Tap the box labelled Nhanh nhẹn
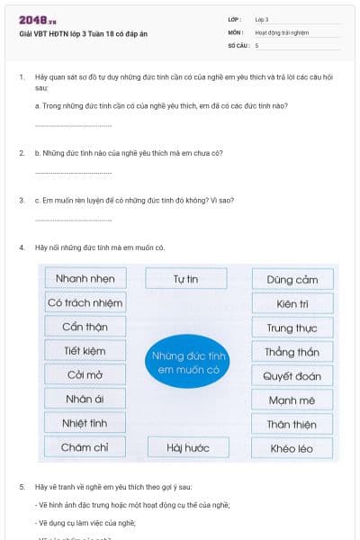tap(85, 279)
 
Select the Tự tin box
tap(185, 279)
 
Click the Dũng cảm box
tap(292, 280)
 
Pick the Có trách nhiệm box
tap(85, 303)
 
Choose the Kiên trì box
tap(292, 304)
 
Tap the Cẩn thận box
tap(85, 327)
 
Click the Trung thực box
tap(292, 328)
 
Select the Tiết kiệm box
tap(85, 351)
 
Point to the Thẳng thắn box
tap(292, 352)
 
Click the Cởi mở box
tap(85, 375)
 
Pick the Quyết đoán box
tap(292, 376)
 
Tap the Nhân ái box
tap(85, 399)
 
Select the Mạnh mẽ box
tap(292, 400)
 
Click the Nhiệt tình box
tap(85, 423)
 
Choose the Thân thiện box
tap(292, 424)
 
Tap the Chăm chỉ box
tap(85, 447)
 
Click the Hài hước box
tap(187, 447)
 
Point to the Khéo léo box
tap(292, 447)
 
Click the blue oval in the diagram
tap(188, 363)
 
